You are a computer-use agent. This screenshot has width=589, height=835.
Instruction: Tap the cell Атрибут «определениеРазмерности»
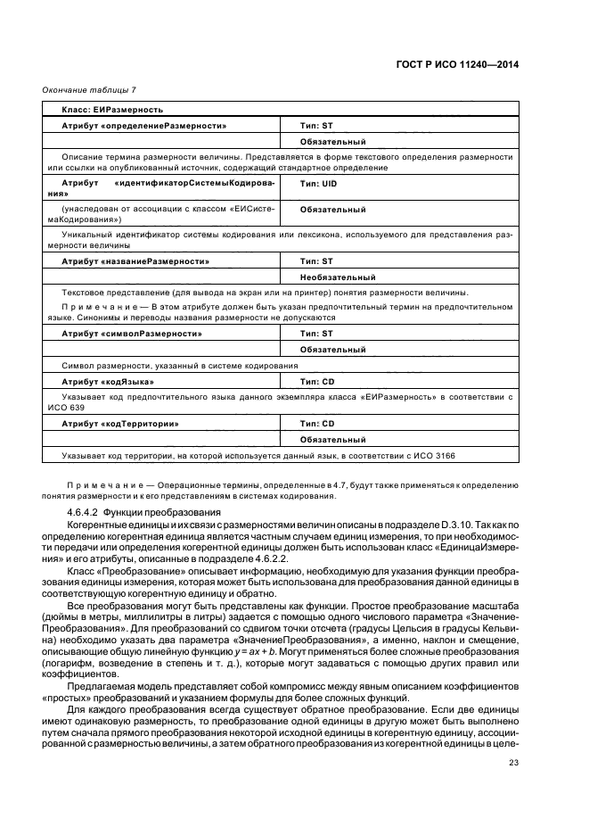[143, 126]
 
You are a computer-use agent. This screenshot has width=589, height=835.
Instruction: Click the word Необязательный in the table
[334, 277]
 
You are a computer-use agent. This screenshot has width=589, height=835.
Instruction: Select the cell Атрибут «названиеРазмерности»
[135, 261]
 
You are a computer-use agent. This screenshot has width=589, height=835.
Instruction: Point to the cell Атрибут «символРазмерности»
[132, 333]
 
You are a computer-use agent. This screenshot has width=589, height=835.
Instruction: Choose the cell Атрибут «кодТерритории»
[120, 423]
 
